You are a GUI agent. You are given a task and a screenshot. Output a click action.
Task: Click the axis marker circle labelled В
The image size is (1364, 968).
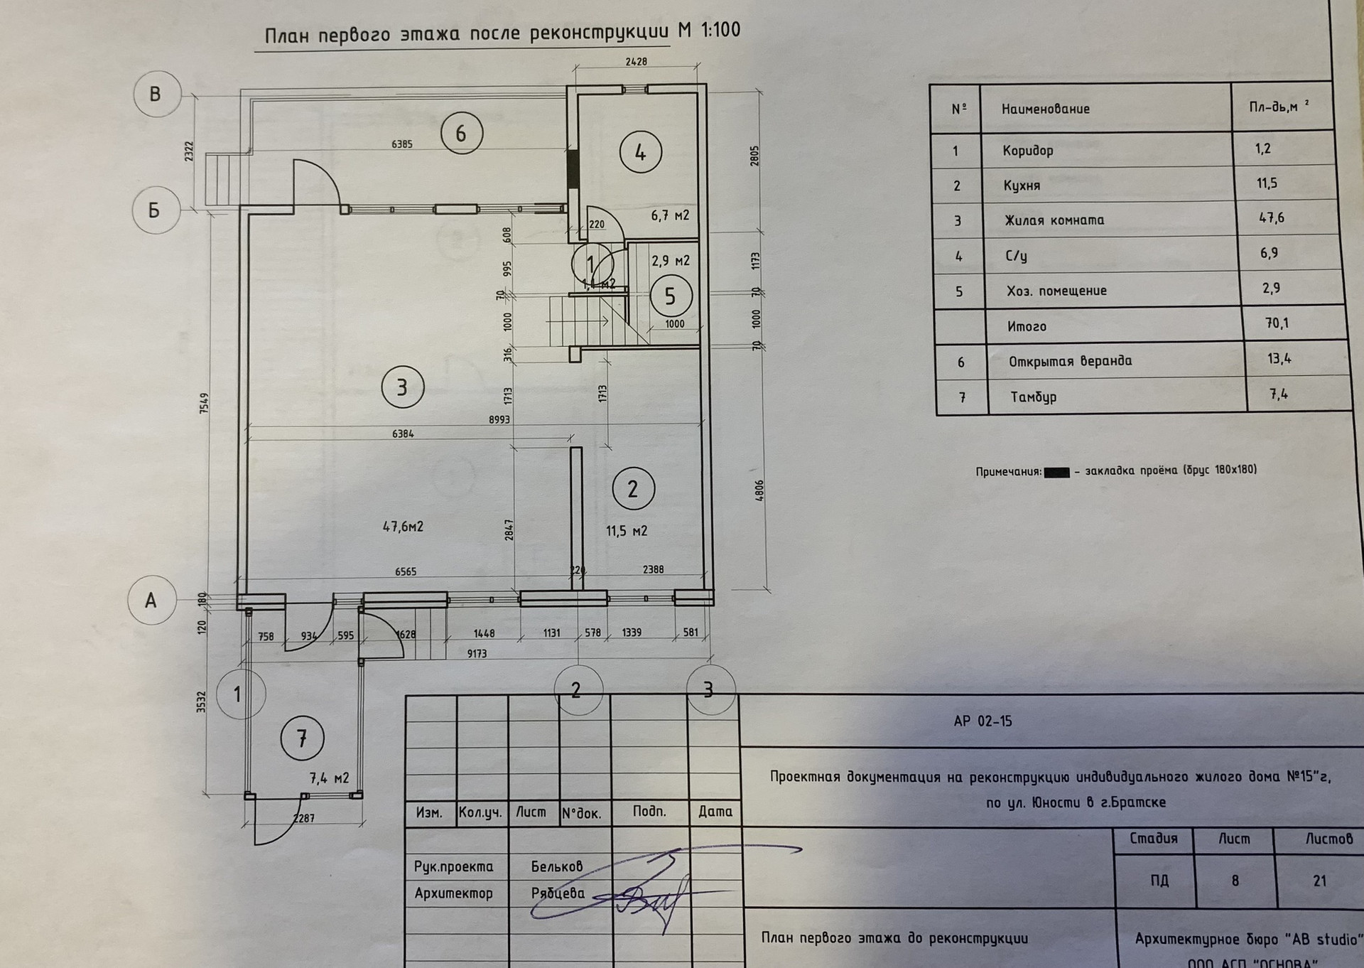(155, 95)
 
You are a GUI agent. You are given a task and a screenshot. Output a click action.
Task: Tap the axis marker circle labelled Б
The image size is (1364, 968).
(154, 210)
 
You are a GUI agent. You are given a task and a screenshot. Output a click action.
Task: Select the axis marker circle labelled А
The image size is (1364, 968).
(151, 601)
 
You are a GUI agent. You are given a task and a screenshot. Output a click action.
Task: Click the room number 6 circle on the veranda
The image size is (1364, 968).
(461, 134)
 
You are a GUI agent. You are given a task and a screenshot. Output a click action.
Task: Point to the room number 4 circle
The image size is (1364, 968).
(640, 152)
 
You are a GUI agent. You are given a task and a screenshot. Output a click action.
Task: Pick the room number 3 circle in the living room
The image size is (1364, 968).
(402, 387)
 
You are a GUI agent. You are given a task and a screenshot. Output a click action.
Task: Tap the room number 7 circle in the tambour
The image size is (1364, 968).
(302, 738)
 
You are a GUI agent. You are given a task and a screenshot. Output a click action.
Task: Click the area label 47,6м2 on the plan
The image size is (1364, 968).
(403, 527)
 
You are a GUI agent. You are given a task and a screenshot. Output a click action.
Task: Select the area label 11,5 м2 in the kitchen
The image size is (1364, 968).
(626, 531)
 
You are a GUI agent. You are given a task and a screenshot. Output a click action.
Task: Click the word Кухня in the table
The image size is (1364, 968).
(1021, 185)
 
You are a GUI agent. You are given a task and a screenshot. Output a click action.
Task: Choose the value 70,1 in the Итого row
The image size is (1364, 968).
(1277, 324)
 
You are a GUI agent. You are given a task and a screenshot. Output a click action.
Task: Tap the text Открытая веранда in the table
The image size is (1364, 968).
(1070, 361)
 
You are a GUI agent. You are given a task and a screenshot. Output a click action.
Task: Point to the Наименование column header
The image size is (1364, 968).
(1045, 109)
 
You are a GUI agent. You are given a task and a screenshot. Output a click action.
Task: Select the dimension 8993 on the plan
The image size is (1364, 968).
(499, 419)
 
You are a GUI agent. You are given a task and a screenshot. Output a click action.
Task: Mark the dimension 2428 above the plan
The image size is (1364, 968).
(636, 62)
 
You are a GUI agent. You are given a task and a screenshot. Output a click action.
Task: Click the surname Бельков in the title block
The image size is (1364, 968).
(556, 866)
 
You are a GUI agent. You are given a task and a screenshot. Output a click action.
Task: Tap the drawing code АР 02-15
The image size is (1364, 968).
(983, 721)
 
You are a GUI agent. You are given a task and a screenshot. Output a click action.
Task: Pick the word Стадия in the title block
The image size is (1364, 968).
(1153, 839)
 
